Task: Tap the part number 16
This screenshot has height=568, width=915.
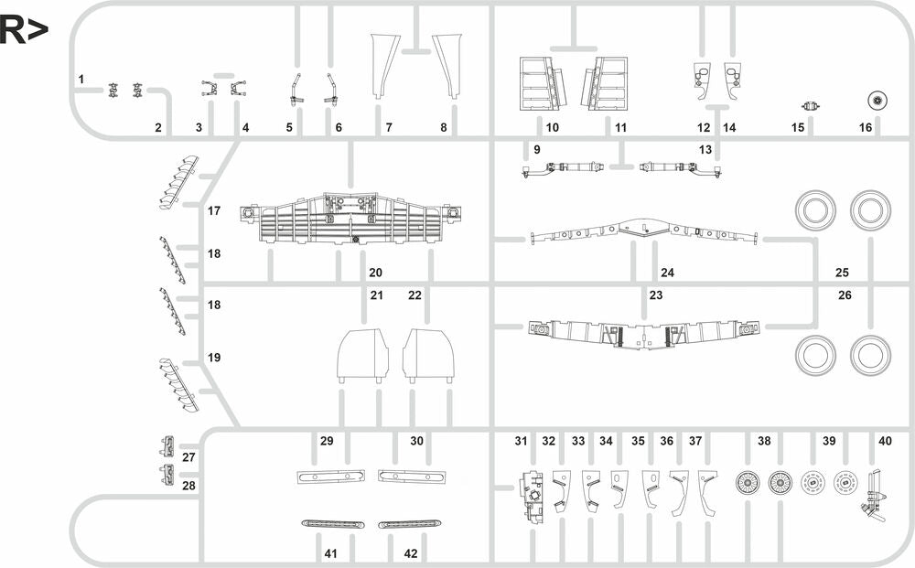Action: [866, 127]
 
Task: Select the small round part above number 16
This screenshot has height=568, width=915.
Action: [877, 100]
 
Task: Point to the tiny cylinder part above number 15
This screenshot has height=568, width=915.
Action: [809, 104]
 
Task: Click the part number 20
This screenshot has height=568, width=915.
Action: [375, 273]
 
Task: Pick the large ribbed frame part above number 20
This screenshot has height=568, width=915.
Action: [348, 220]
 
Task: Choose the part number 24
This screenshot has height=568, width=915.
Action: [667, 273]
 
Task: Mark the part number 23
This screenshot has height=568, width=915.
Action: [655, 295]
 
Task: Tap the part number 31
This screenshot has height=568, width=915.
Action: [521, 441]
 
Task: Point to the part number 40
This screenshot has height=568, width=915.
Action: [885, 441]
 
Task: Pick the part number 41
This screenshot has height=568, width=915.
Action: [330, 553]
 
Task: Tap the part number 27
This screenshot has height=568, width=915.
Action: [189, 456]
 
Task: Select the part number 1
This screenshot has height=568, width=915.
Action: [81, 80]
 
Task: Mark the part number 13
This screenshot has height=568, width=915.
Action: [705, 148]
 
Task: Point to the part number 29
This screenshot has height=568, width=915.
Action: [327, 441]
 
